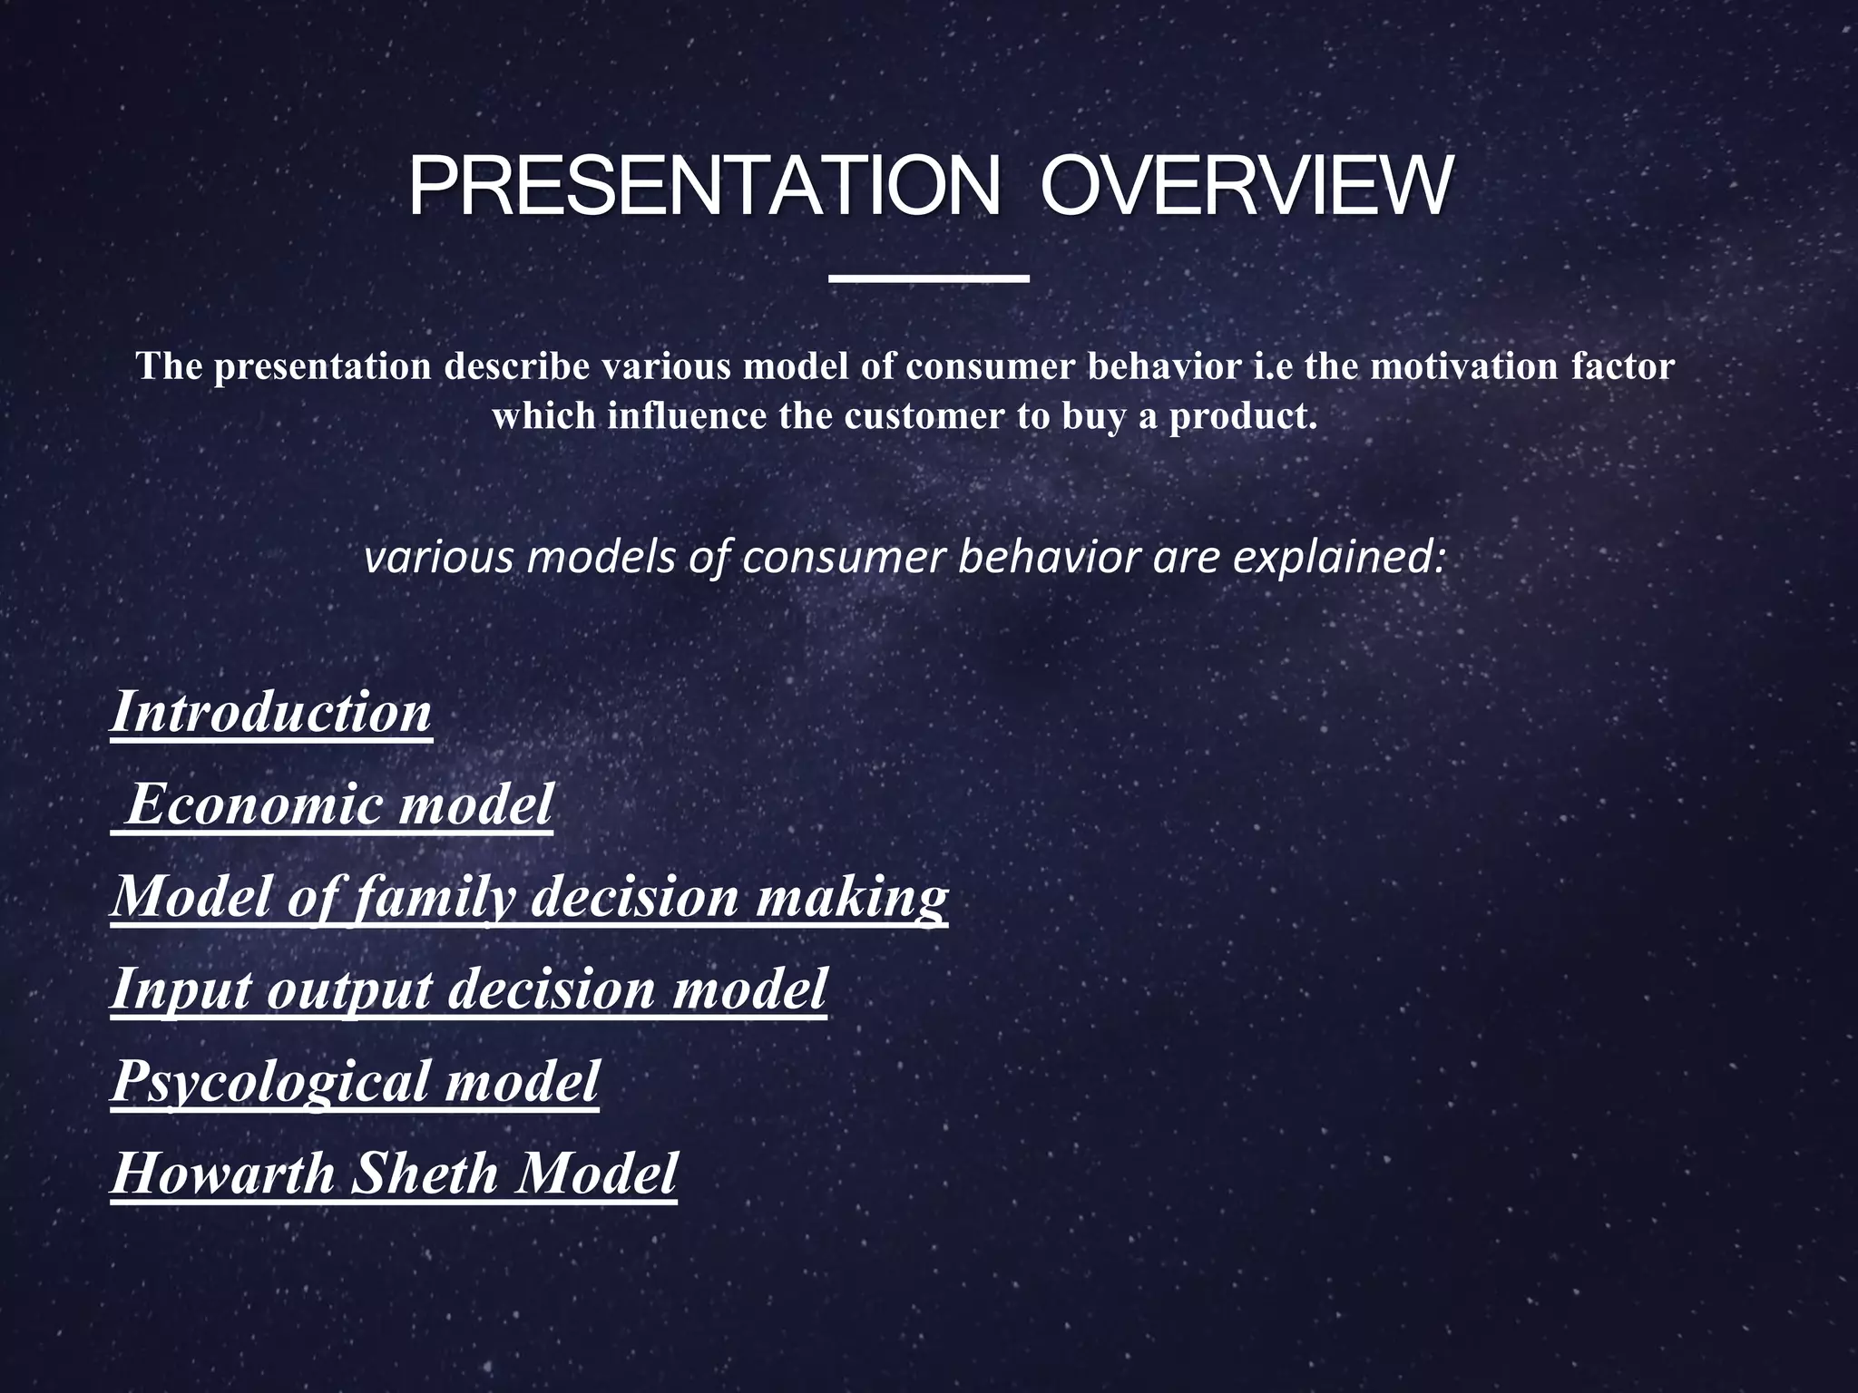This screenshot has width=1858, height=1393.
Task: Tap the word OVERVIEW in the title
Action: (x=1245, y=188)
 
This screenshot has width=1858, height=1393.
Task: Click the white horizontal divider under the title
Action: (x=929, y=278)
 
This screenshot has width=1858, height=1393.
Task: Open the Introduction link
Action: (x=270, y=712)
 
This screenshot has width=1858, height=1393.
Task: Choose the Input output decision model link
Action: (x=468, y=989)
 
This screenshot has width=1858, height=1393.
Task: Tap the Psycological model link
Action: (x=355, y=1081)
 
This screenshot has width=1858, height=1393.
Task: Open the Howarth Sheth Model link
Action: (x=394, y=1174)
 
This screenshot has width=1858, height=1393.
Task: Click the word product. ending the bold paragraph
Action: (x=1242, y=417)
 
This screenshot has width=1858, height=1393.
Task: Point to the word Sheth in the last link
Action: (x=425, y=1174)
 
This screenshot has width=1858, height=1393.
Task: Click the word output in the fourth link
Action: (x=348, y=990)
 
